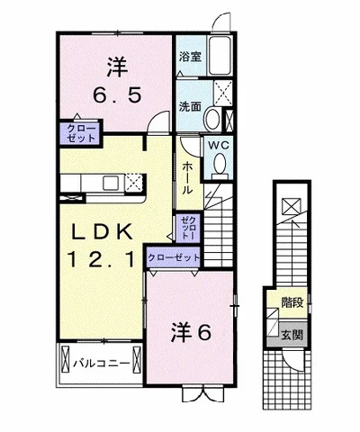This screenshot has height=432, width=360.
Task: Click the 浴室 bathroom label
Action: tap(190, 57)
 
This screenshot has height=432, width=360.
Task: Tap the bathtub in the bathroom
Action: tap(220, 56)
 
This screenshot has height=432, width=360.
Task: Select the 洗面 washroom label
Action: tap(190, 107)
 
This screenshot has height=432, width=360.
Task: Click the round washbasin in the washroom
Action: tap(212, 119)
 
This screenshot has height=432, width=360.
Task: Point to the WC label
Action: tap(219, 146)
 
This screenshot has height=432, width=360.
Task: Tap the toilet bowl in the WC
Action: tap(220, 165)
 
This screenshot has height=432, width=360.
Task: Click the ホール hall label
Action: tap(187, 178)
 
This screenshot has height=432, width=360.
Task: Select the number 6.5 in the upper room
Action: tap(117, 95)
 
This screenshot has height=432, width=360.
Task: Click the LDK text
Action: tap(102, 232)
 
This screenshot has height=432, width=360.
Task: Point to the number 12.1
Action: tap(101, 259)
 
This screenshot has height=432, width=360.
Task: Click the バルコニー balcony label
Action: tap(102, 364)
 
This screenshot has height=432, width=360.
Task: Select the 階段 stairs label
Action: tap(292, 303)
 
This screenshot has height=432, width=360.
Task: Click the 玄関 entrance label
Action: tap(292, 335)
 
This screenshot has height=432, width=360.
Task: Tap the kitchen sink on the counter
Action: tap(110, 183)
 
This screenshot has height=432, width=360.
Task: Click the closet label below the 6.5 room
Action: tap(81, 133)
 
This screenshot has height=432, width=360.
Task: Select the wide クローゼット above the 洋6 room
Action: tap(174, 257)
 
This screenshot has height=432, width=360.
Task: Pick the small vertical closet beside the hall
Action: tap(188, 228)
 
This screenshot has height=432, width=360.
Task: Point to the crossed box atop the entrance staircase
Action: tap(291, 207)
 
